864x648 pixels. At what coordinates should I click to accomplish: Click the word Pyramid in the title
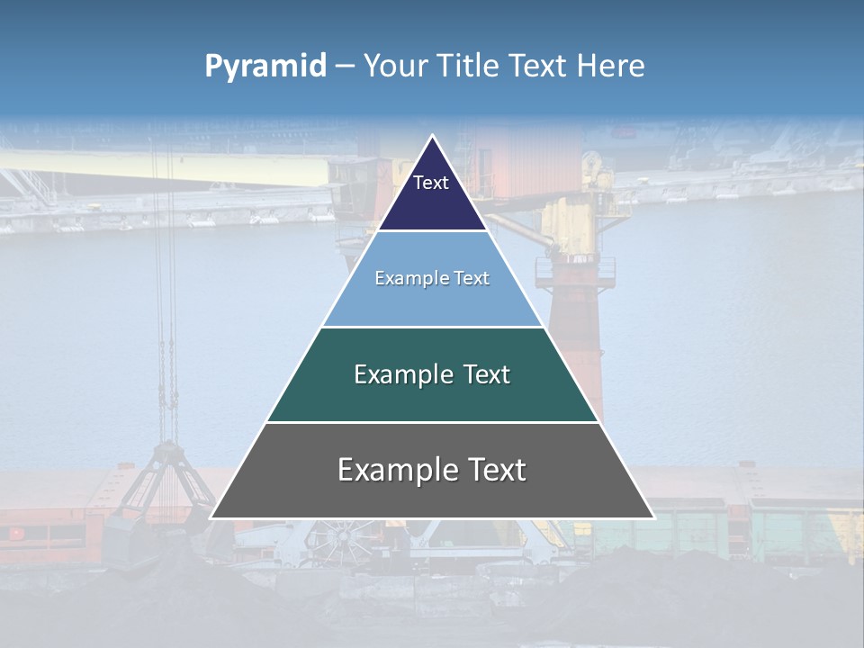(265, 67)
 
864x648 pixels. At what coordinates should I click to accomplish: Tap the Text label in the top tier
(431, 183)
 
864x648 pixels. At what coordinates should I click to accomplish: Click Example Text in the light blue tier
(432, 278)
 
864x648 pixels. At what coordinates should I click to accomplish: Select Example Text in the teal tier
(432, 374)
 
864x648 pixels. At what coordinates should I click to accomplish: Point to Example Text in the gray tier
(432, 470)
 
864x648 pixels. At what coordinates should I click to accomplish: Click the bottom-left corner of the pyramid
(211, 517)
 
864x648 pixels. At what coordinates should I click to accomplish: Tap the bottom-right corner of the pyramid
(653, 517)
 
